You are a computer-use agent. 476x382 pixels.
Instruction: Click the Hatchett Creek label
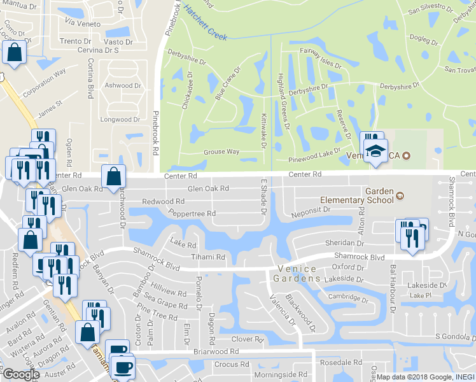pos(205,22)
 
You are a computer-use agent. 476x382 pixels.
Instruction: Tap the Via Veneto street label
pos(80,22)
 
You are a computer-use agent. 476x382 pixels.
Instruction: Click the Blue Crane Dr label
pos(228,85)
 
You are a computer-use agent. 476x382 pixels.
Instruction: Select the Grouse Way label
pos(221,152)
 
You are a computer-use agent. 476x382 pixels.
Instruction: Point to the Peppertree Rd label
pos(192,213)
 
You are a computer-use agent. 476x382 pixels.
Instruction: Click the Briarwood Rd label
pos(216,351)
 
